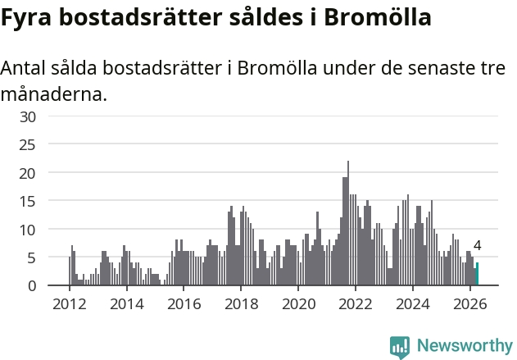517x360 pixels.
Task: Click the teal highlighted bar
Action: [477, 274]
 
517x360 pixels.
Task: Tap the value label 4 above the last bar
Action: [477, 245]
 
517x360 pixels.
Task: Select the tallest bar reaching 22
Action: [348, 223]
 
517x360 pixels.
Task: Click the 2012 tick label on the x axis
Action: [70, 304]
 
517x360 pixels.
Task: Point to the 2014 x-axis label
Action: [127, 304]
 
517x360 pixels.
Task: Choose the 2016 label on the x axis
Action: [184, 304]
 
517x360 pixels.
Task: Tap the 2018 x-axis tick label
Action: [242, 304]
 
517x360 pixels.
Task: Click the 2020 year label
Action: [298, 304]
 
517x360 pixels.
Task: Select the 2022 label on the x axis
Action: [356, 304]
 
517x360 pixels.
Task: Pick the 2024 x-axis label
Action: [413, 304]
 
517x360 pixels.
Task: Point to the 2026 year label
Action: [469, 304]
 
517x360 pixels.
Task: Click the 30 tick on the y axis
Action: [28, 116]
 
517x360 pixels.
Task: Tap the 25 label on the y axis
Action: [28, 145]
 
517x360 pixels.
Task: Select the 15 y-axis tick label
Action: [28, 201]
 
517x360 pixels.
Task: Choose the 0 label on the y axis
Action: [32, 285]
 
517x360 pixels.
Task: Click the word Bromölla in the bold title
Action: [378, 17]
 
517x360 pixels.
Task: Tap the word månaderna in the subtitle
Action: [54, 94]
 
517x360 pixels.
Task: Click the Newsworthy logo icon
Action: [400, 347]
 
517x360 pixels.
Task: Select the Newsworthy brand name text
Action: [465, 346]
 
